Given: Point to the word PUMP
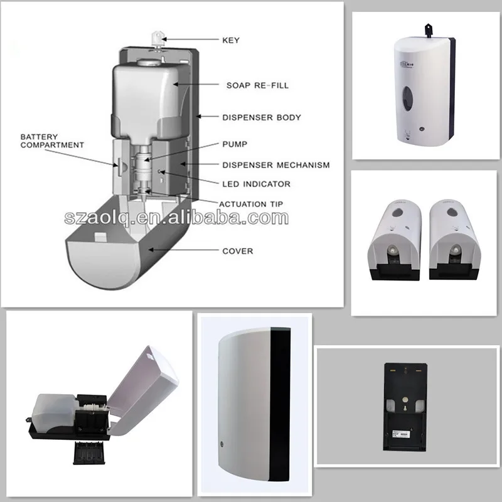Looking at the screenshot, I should point(235,144).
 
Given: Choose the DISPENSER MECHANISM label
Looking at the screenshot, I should point(275,165).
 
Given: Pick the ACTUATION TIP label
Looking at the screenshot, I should point(250,204).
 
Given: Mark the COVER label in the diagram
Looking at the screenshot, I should point(237,251).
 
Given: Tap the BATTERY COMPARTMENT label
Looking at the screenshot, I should point(52,141).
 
